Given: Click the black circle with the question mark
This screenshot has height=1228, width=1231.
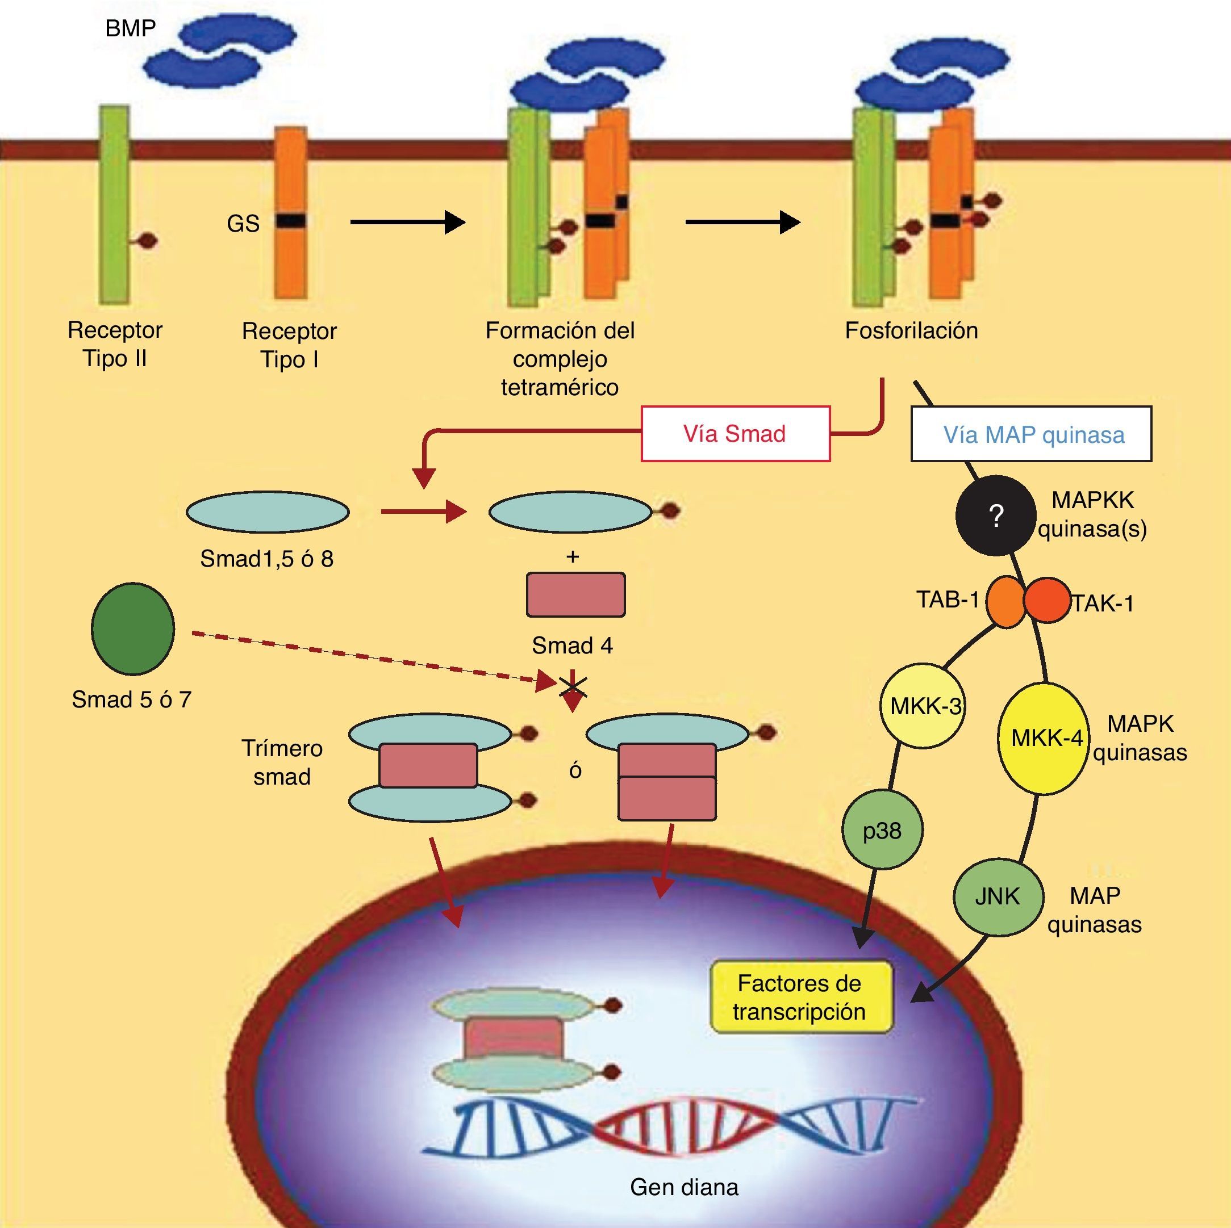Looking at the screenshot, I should point(995,515).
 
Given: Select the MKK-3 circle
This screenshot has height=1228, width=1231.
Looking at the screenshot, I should point(922,706).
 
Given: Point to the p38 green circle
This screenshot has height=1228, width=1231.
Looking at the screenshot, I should point(882,831).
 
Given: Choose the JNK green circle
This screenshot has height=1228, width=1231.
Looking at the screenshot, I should point(998,897).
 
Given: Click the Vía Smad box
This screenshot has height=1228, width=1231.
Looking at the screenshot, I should point(735,434).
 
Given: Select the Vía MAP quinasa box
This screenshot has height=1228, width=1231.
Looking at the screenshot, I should point(1031,434).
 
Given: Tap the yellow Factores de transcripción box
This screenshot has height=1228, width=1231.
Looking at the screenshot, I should point(800,998).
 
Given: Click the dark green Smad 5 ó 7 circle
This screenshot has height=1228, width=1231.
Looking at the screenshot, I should point(133,628).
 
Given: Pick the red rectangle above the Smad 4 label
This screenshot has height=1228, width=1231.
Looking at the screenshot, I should point(575,595).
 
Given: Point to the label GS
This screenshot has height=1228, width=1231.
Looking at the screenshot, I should point(243,224).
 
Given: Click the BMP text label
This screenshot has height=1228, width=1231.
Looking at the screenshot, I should point(130,28).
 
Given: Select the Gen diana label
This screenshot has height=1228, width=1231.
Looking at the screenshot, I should point(684,1187).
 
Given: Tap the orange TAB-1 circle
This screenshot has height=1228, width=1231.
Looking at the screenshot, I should point(1004,602).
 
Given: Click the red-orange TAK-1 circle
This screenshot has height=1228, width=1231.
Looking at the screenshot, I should point(1047,600).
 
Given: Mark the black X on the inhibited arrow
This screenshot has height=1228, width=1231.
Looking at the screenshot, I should point(573,686).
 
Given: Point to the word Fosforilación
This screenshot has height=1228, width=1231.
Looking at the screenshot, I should point(911,330).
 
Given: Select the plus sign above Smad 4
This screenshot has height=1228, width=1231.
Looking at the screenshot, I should point(572,558).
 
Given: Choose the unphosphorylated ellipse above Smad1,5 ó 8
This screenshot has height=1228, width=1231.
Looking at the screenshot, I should point(268,512).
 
